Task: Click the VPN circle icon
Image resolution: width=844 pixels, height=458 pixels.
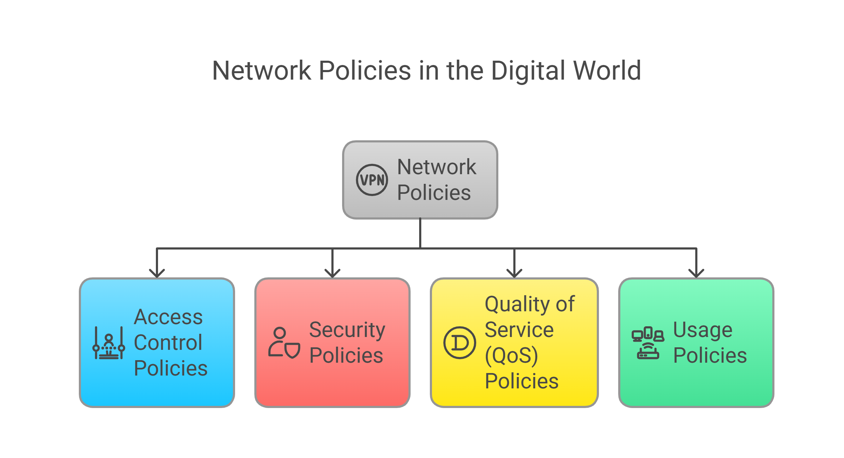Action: point(372,180)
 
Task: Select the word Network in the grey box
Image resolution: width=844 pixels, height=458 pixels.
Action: point(437,167)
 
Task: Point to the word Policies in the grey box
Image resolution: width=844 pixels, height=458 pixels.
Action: point(434,193)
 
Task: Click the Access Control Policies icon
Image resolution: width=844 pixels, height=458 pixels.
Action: point(109,343)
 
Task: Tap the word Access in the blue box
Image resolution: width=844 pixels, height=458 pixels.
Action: point(168,317)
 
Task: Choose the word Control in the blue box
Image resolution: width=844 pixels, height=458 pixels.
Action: point(168,343)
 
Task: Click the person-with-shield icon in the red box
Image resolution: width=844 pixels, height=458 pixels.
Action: point(284,343)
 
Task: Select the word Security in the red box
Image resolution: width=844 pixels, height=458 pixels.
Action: point(347,330)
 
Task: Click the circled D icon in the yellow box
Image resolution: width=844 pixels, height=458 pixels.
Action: point(459,343)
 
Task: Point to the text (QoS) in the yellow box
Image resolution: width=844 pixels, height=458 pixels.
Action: point(512,356)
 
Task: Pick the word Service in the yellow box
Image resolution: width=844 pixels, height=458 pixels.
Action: point(519,329)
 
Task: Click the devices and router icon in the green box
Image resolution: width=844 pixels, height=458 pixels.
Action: point(648,343)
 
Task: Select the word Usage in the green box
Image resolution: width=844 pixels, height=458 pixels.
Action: point(703,330)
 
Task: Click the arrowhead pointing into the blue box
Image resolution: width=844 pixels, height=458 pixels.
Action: point(157,273)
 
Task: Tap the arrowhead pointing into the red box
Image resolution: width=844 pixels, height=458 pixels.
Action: point(332,273)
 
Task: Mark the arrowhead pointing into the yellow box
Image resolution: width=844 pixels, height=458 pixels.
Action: point(514,273)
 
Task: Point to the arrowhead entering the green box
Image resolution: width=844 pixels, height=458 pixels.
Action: point(696,273)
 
